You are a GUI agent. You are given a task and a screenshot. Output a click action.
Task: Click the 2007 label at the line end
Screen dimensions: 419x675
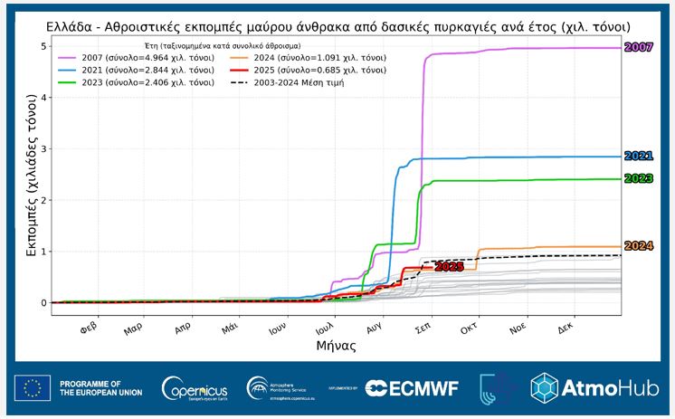pos(639,47)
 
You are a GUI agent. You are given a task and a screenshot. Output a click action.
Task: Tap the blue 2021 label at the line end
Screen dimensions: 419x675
pos(639,157)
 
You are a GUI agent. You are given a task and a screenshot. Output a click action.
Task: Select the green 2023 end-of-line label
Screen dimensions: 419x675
pos(639,178)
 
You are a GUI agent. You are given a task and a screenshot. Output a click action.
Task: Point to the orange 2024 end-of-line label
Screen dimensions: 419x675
pos(639,246)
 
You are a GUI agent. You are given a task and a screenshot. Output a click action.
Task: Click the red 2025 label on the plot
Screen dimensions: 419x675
pos(449,267)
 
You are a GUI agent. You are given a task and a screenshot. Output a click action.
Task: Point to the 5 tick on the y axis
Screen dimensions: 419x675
pos(43,46)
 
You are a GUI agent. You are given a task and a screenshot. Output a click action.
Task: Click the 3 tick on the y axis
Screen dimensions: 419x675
pos(43,148)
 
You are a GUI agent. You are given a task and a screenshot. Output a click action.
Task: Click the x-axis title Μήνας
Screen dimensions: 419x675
pos(335,346)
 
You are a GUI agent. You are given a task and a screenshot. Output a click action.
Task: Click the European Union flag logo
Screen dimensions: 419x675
pos(33,388)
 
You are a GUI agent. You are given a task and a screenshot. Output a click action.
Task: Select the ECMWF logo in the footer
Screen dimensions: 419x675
pos(412,388)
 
